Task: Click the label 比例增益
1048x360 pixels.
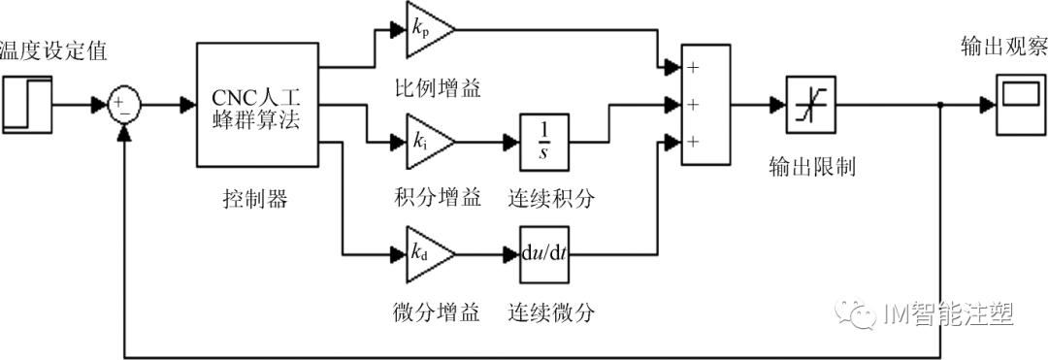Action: [432, 88]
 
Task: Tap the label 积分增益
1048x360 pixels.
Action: [432, 199]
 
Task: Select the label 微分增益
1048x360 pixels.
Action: [432, 312]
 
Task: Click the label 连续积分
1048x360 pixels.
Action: [550, 199]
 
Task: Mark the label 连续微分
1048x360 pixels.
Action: [550, 312]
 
